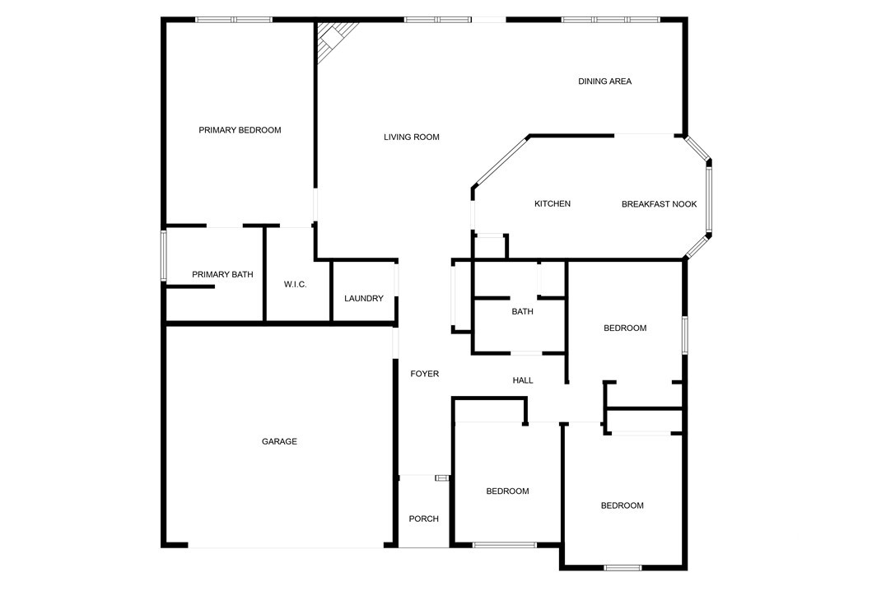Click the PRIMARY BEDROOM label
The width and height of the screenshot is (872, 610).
(240, 130)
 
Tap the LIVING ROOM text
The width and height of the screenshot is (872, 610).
(411, 137)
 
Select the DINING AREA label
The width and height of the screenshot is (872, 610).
(604, 81)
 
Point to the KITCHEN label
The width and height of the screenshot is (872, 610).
(552, 204)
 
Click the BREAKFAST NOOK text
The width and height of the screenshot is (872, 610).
(659, 204)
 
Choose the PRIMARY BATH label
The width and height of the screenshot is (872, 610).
(222, 274)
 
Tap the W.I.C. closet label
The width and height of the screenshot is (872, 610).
(295, 284)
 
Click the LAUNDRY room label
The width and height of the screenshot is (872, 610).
(363, 298)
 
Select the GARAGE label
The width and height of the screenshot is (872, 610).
(279, 442)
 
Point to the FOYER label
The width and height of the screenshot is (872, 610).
(425, 374)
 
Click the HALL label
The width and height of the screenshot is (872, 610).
(523, 380)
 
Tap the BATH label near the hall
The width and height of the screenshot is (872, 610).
(522, 311)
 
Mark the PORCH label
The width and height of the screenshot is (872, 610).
(423, 519)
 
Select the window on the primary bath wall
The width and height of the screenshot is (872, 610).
(164, 256)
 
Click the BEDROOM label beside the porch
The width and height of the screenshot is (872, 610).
(507, 491)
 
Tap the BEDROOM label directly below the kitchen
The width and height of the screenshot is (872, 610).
(625, 328)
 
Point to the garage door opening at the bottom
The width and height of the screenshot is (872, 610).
(285, 546)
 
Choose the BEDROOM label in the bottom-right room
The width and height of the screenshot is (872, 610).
(622, 505)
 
